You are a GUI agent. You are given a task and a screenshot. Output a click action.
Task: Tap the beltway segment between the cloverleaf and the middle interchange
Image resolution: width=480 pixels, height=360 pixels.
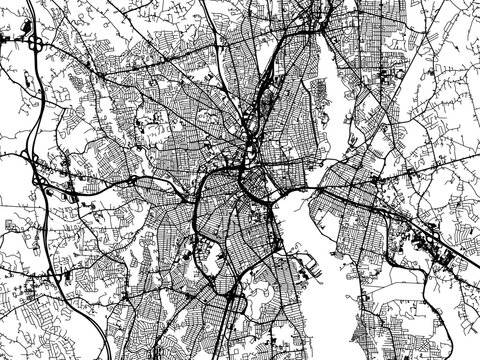pos(36,110)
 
